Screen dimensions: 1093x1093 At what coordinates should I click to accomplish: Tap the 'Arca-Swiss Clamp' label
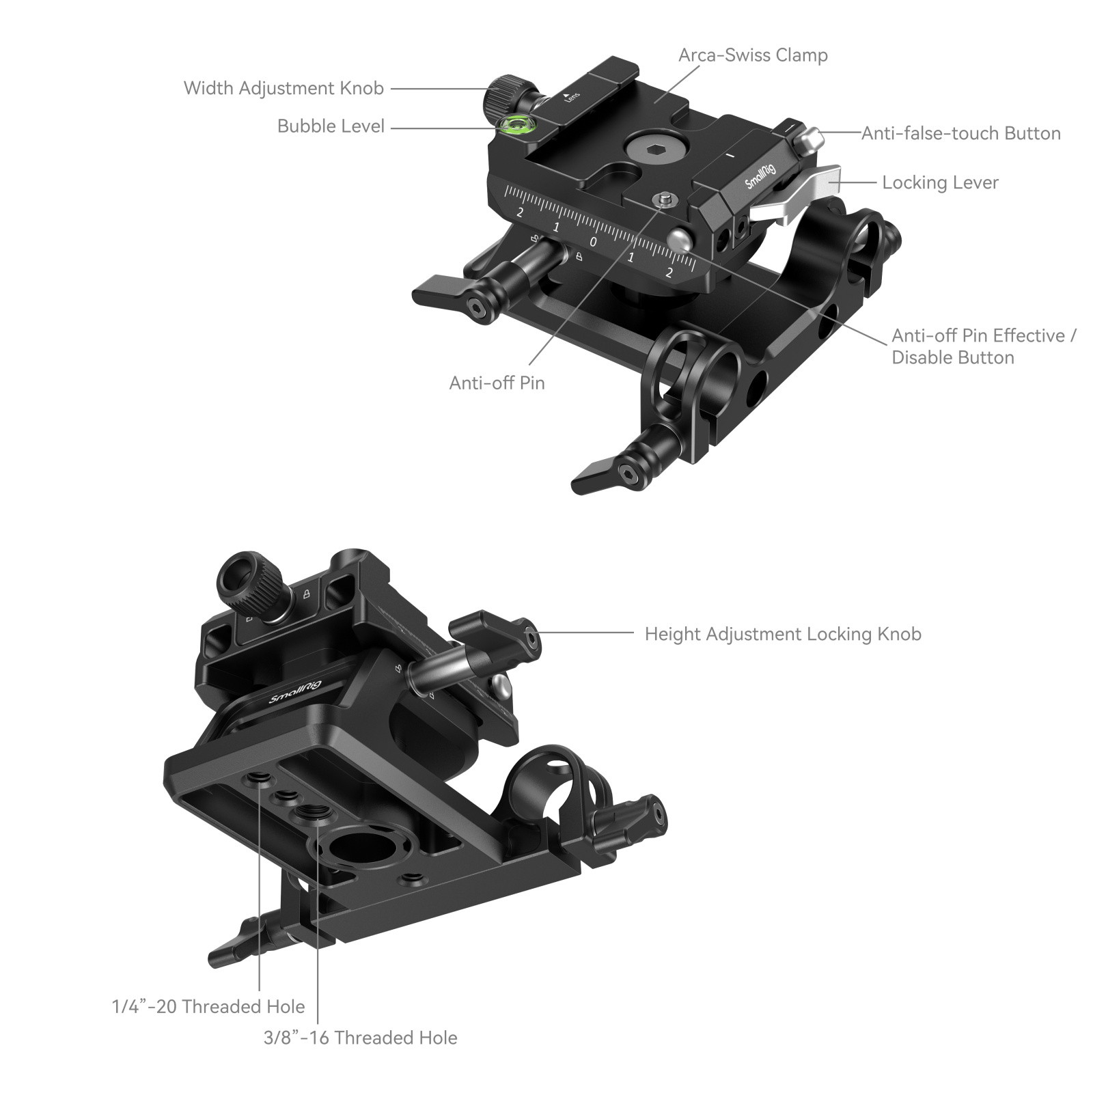(753, 55)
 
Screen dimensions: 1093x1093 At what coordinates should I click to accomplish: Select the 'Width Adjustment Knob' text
(283, 88)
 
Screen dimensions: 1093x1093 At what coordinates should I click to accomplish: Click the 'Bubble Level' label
(331, 126)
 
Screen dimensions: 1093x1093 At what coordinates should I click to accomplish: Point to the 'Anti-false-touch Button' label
(960, 133)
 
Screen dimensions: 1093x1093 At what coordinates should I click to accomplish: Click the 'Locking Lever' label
(940, 182)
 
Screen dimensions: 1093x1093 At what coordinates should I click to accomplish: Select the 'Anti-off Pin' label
(497, 383)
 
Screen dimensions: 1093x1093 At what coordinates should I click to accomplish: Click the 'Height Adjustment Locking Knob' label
(783, 634)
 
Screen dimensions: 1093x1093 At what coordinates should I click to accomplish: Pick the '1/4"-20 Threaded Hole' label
(208, 1006)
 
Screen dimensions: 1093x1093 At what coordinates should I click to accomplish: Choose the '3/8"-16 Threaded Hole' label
(361, 1038)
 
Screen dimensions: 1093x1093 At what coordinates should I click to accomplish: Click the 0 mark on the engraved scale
(593, 242)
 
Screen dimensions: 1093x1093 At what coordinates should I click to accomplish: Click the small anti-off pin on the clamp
(663, 199)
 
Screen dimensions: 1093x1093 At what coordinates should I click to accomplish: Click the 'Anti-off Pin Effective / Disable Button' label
(984, 346)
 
